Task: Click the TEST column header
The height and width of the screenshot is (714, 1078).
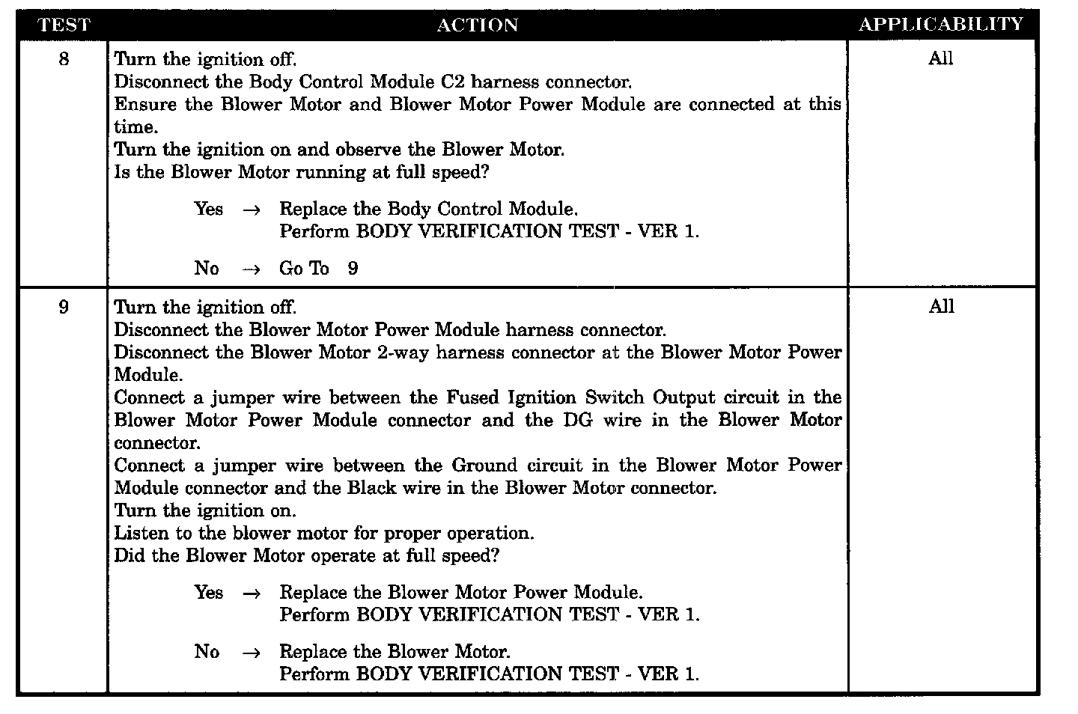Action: click(x=64, y=25)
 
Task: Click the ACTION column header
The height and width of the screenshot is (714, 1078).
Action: click(x=477, y=25)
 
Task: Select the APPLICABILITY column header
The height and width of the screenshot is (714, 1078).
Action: click(x=940, y=25)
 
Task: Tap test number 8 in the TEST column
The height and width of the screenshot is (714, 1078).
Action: click(x=64, y=59)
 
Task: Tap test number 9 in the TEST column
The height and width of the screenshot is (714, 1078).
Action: click(x=64, y=307)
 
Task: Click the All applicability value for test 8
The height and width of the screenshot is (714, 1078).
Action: click(x=940, y=59)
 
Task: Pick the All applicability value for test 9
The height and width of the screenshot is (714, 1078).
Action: click(x=941, y=307)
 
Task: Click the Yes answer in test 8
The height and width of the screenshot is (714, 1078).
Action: click(x=208, y=209)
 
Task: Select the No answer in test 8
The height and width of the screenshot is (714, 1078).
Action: click(x=207, y=268)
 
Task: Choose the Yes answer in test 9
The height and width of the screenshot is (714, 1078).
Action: click(x=208, y=592)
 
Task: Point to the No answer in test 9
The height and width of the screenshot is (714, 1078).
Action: click(x=207, y=651)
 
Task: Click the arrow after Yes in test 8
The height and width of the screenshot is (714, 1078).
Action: click(x=252, y=210)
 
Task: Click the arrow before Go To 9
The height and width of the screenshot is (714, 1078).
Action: click(x=252, y=269)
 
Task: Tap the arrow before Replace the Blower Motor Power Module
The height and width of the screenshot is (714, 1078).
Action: click(x=252, y=594)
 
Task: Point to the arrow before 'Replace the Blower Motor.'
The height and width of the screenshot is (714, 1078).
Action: click(x=252, y=653)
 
